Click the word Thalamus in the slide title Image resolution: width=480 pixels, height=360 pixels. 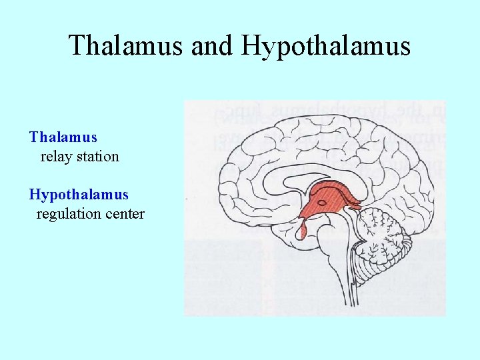[x=127, y=45]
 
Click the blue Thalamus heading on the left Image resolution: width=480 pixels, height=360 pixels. [x=63, y=137]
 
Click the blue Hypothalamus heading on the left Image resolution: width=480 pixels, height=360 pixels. [x=79, y=195]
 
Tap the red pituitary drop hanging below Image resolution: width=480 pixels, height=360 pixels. [x=303, y=231]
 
